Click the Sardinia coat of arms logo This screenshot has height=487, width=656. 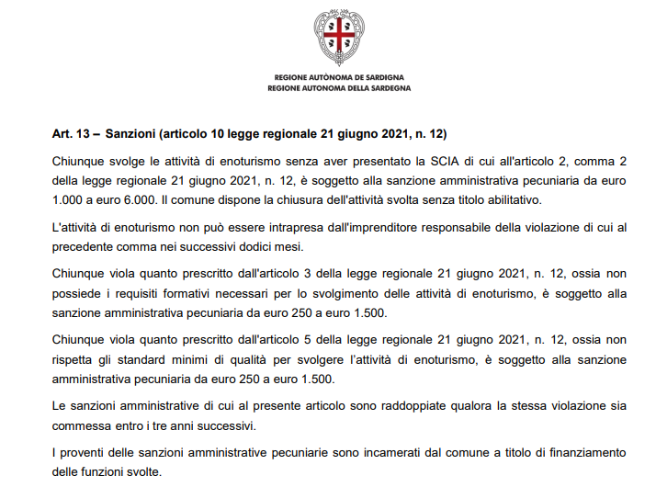[x=339, y=36]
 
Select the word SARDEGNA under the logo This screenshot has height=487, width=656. [x=390, y=88]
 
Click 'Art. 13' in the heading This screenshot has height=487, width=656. [x=70, y=134]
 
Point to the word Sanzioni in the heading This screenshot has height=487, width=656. [x=130, y=134]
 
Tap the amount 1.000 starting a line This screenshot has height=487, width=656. [x=69, y=199]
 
